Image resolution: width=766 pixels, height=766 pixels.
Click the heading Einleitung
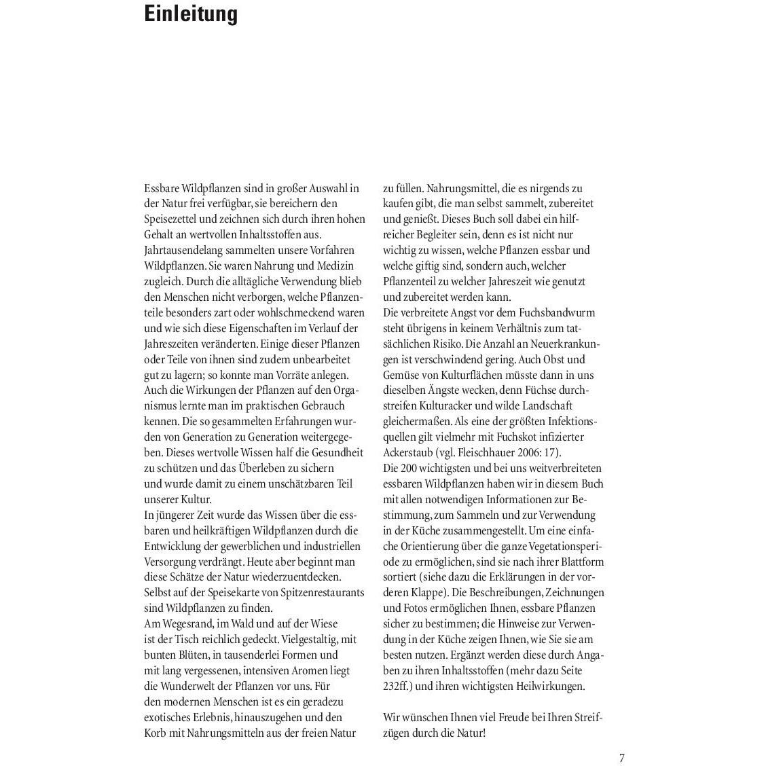tap(191, 14)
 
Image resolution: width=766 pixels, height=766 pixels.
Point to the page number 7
tap(621, 758)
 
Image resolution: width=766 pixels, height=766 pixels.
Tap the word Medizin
tap(337, 266)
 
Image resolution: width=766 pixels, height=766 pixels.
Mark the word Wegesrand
tap(184, 624)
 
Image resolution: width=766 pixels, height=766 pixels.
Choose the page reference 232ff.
tap(397, 687)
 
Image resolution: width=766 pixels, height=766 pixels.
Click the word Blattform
tap(581, 562)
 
